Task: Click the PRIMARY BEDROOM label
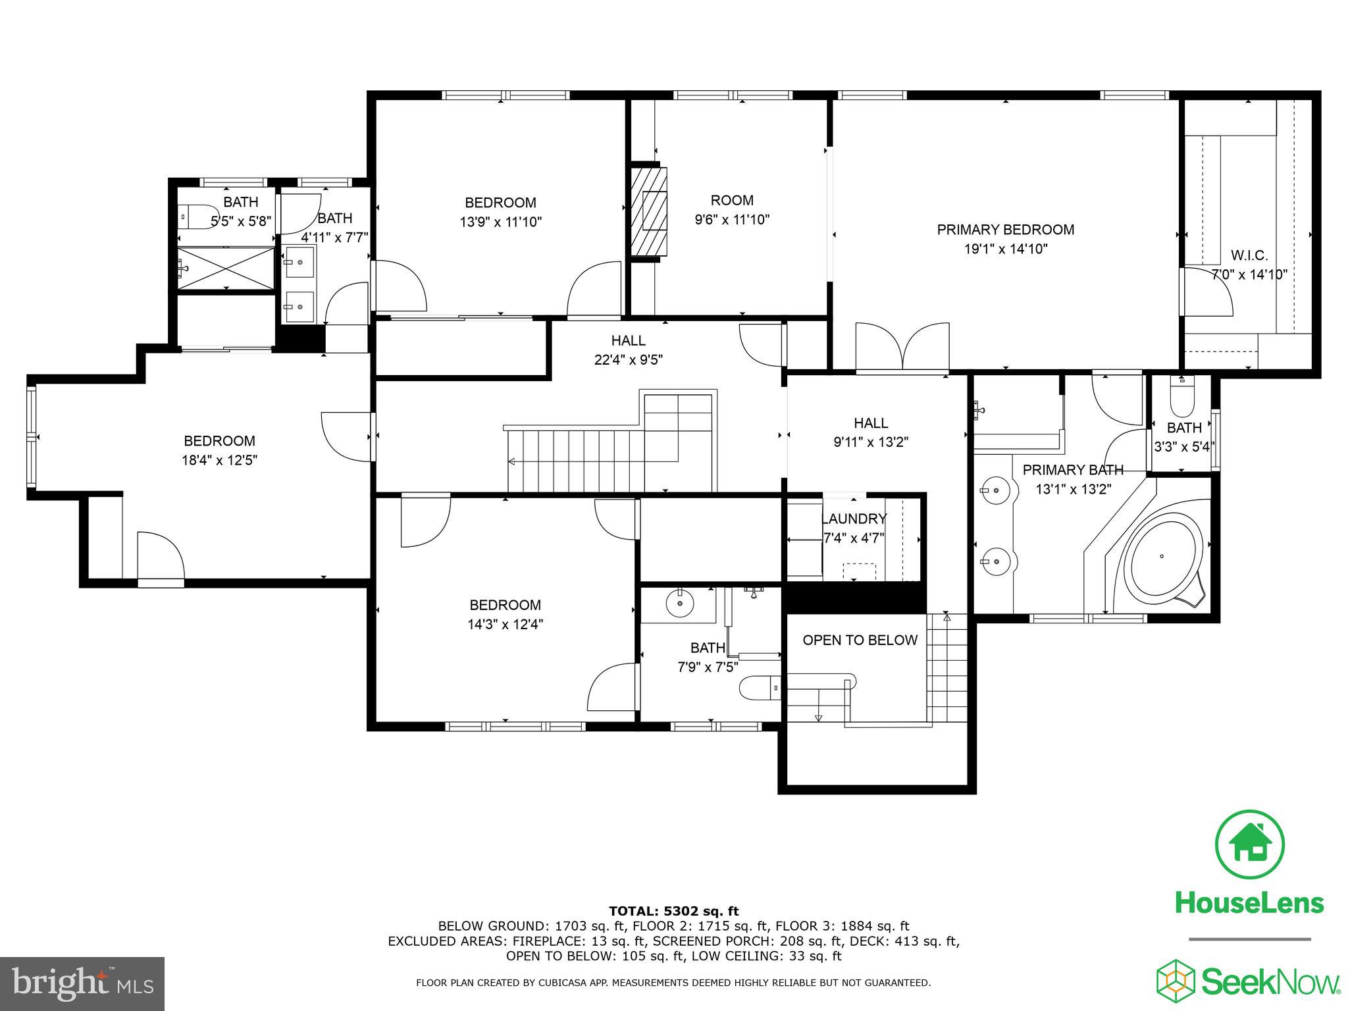(1005, 230)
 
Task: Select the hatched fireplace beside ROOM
(649, 212)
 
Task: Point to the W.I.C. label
(1249, 255)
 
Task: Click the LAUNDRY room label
(854, 519)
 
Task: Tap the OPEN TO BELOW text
(860, 640)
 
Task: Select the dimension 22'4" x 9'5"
(627, 360)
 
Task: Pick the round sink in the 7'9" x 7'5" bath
(679, 603)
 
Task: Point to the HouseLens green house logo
(1249, 844)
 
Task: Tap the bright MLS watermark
(82, 984)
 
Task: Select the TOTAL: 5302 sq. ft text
(673, 911)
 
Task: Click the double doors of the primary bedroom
(902, 347)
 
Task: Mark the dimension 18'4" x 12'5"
(219, 460)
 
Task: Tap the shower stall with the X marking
(226, 268)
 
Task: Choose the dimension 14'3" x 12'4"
(505, 624)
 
